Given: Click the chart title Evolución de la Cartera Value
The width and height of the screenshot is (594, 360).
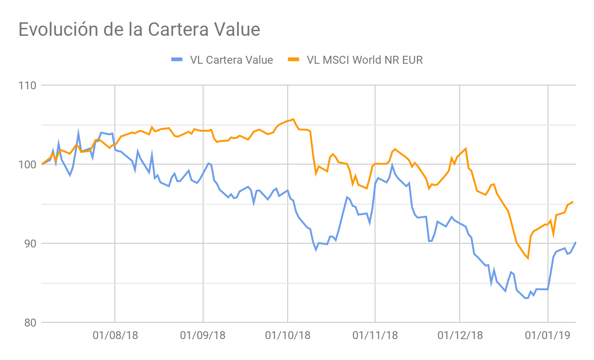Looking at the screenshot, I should coord(139,30).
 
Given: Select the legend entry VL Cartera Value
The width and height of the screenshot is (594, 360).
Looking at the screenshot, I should coord(231,60).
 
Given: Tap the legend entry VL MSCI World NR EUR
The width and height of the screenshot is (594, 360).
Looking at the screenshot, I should coord(365,60).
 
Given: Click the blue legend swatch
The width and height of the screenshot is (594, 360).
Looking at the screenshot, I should coord(177,60).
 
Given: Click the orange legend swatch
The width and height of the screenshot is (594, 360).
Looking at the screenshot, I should coord(294,60).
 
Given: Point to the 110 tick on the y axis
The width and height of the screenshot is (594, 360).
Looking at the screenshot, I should coord(27,86).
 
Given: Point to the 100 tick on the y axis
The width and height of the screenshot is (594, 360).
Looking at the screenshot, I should coord(27,165).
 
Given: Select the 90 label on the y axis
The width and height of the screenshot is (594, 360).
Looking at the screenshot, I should coord(30,244).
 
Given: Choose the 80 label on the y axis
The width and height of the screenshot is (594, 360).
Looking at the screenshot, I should coord(30,323).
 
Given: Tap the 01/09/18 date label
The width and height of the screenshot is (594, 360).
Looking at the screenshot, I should coord(203,335).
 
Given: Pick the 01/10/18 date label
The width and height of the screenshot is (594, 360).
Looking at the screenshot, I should coord(287,335).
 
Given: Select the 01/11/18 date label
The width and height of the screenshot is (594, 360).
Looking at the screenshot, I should coord(375,335).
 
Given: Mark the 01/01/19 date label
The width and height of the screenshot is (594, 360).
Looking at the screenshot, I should coord(548,335).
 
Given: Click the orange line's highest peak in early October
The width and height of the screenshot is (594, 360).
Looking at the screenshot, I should coord(293,119).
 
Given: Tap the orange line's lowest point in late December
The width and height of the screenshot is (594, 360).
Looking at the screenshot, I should coord(528,258).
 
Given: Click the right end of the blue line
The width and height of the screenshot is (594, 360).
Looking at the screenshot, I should coord(575,242).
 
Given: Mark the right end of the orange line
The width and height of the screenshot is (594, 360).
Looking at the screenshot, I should coord(573,202).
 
